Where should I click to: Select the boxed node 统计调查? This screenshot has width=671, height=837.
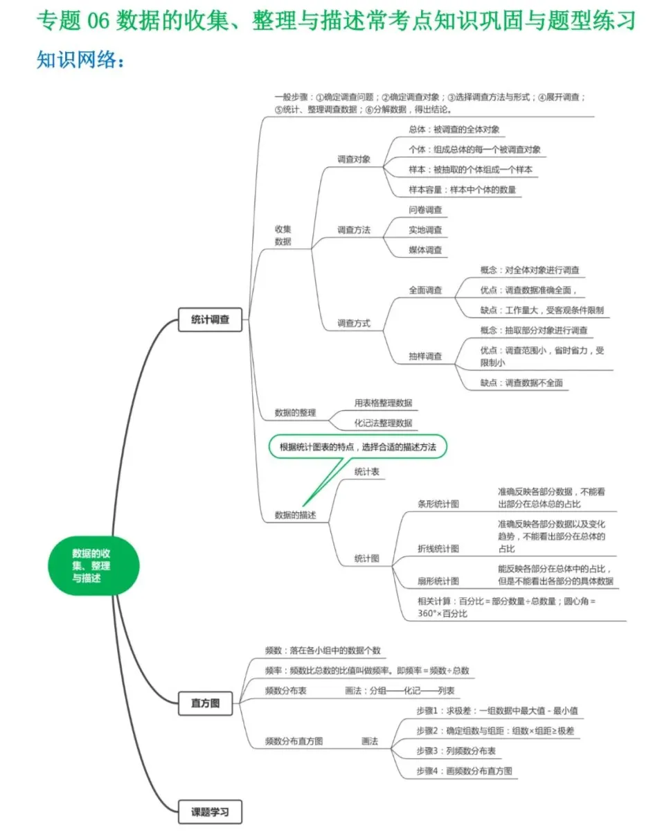tap(210, 320)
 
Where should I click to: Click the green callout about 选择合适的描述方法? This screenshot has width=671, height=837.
tap(357, 448)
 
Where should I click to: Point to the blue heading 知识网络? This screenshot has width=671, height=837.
tap(81, 61)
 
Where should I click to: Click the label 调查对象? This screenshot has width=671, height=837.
tap(354, 159)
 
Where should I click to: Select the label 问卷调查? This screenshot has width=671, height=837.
tap(425, 210)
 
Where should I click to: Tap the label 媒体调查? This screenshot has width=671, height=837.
tap(425, 249)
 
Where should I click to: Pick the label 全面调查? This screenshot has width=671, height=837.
tap(425, 290)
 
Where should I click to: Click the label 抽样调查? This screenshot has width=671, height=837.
tap(425, 356)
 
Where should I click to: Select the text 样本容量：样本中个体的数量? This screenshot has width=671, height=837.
tap(463, 189)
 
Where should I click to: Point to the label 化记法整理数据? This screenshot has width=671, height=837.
tap(383, 422)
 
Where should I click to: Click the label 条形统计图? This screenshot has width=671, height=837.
tap(438, 504)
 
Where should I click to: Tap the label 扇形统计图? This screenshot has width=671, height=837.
tap(438, 581)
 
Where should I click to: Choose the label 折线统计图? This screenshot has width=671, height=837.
tap(438, 548)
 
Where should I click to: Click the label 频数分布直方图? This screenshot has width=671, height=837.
tap(294, 741)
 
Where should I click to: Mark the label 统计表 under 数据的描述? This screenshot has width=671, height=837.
tap(366, 471)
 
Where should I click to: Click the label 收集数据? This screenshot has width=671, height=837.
tap(283, 235)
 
